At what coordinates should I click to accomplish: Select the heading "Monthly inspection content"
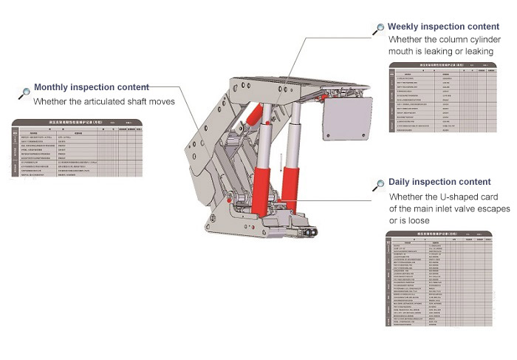[92, 87]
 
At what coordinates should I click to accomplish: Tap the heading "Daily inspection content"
[439, 182]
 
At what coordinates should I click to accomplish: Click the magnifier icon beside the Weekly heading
[379, 29]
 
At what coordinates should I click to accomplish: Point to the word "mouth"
[401, 52]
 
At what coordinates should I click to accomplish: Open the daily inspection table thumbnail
[439, 280]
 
